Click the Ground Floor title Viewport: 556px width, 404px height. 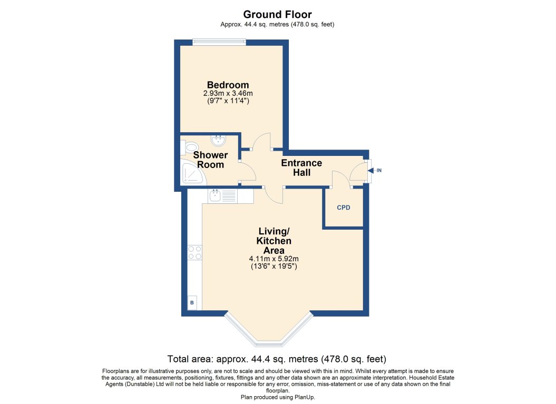(278, 14)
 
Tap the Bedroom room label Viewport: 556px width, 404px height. (228, 85)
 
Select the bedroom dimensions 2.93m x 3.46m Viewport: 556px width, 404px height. (228, 94)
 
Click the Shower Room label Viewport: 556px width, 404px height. (210, 160)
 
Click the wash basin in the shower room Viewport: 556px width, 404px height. (218, 141)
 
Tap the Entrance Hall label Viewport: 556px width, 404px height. (301, 167)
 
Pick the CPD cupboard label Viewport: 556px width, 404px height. (344, 207)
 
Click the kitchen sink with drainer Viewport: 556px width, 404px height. (223, 196)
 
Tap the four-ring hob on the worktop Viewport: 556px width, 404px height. (194, 253)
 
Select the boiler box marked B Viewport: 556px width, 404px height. (192, 303)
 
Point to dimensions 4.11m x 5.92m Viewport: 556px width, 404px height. (274, 259)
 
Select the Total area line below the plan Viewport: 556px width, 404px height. (277, 359)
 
